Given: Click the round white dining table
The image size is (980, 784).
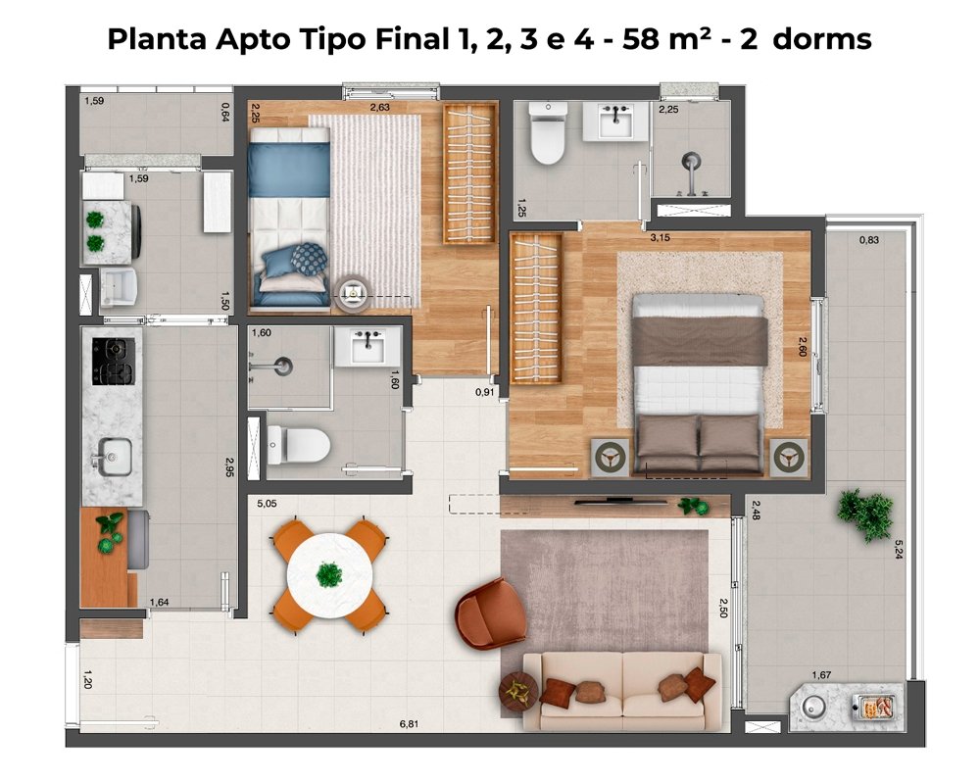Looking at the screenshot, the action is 329,575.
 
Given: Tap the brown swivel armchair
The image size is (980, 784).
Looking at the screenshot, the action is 491,613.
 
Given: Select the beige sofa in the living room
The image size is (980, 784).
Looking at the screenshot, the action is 622,692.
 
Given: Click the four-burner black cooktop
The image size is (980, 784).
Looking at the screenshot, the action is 113,362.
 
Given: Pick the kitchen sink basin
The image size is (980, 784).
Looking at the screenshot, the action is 115,457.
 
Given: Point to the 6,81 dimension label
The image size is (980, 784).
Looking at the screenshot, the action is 409,724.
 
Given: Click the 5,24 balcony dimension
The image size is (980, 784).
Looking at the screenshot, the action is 898,549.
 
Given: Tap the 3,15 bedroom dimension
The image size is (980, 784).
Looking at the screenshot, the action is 660,237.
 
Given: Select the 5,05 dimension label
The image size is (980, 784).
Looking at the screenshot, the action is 267,504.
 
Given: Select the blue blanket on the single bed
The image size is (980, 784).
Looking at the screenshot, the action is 288,170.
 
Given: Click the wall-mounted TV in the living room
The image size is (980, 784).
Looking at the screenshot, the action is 620,501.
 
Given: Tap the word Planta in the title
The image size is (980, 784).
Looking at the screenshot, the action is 157,39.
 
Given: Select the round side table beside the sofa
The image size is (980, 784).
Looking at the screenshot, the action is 518,691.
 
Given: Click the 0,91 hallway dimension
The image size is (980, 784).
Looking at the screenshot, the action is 484,393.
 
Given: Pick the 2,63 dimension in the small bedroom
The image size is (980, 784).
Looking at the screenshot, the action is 379,107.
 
